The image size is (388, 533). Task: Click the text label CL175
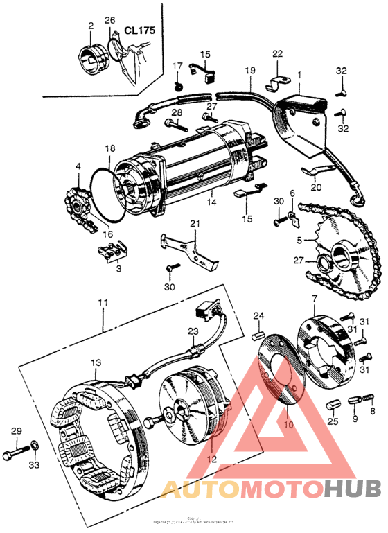(x=140, y=32)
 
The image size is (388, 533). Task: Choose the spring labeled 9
(x=356, y=401)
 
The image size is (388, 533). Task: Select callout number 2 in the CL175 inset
(x=90, y=26)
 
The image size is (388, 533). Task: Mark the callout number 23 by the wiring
(x=193, y=312)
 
